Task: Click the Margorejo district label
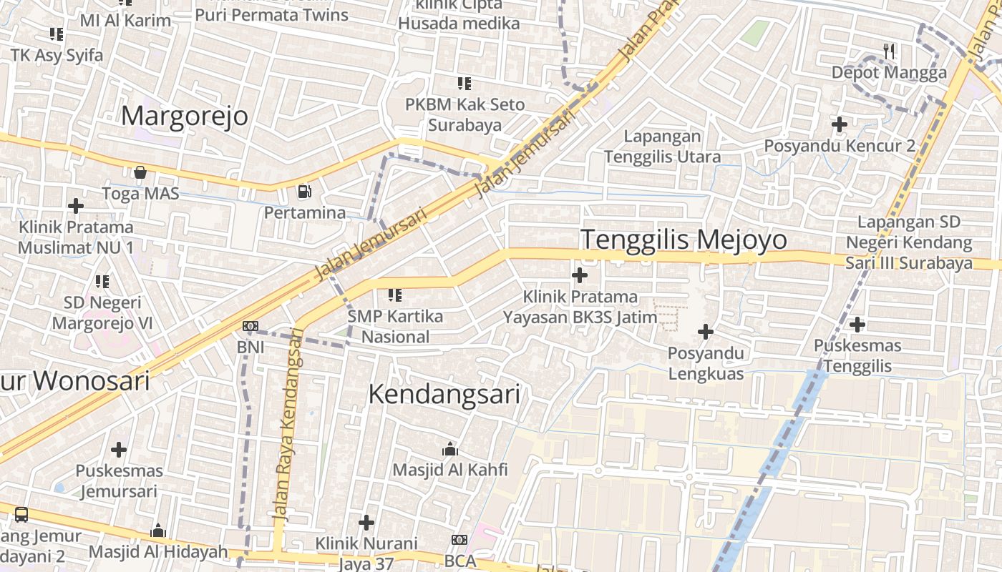(x=185, y=116)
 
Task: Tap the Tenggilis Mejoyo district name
(x=684, y=240)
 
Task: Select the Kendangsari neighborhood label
(x=444, y=394)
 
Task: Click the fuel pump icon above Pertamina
(x=304, y=192)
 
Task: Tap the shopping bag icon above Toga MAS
(x=140, y=172)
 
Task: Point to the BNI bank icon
(x=250, y=326)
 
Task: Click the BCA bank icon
(x=459, y=540)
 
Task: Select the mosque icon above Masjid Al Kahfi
(x=450, y=448)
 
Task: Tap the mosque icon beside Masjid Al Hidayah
(x=158, y=531)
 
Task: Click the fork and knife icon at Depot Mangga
(x=889, y=51)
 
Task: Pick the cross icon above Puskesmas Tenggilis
(x=857, y=325)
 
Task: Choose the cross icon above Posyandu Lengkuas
(x=706, y=331)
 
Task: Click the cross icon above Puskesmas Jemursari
(x=119, y=450)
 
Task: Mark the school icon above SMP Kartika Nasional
(x=394, y=295)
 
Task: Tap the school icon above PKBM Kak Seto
(x=464, y=84)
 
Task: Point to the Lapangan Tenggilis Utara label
(x=662, y=146)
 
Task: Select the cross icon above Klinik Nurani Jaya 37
(x=366, y=523)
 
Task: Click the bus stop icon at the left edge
(x=21, y=514)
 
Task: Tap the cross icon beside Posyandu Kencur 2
(x=840, y=124)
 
